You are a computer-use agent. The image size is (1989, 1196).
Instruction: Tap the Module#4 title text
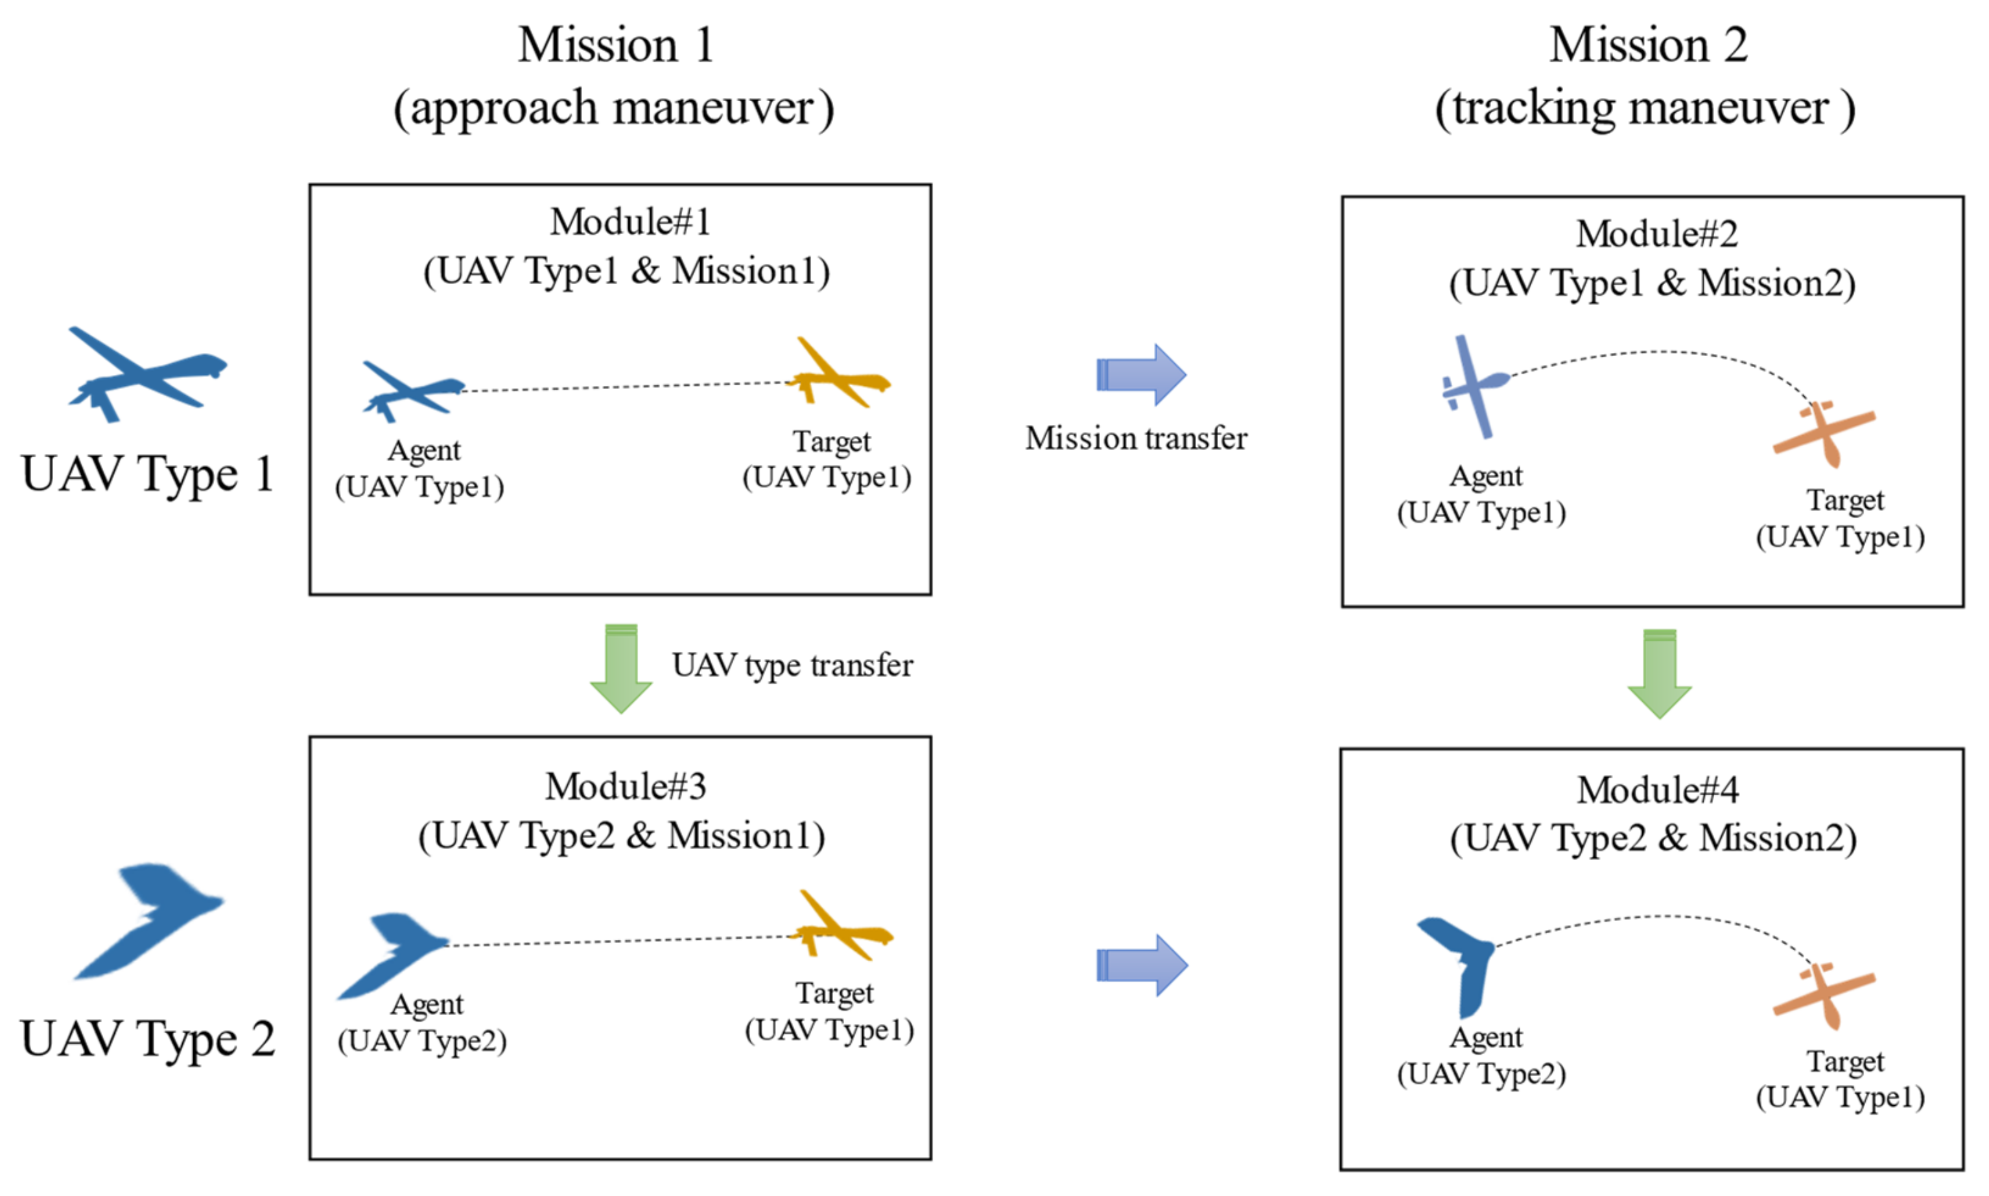(1656, 790)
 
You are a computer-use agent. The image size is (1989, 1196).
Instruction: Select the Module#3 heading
(624, 787)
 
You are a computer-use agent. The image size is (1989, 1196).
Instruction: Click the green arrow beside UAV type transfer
(620, 669)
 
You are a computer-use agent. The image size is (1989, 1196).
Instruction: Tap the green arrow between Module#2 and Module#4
(1659, 674)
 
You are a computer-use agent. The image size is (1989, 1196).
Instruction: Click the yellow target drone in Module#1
(838, 375)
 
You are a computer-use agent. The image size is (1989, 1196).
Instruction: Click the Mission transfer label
(1135, 438)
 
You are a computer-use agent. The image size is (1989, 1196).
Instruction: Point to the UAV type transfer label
(791, 665)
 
